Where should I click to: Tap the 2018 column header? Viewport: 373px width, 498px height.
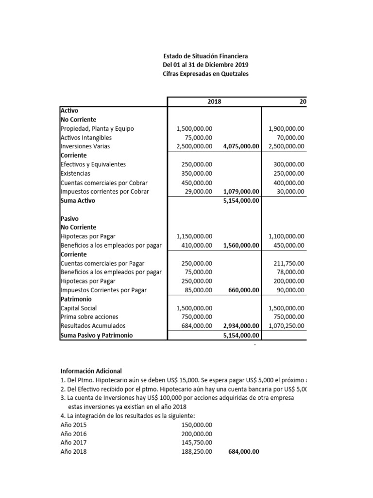214,101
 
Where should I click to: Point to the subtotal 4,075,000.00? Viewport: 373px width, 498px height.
241,146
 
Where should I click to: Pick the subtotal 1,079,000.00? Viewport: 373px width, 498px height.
241,192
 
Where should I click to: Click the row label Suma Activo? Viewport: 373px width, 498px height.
78,200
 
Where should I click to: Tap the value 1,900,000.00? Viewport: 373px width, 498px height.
286,129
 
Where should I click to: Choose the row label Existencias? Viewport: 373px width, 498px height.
75,173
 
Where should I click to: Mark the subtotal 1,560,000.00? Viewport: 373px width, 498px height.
241,246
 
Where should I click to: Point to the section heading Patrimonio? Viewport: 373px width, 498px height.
76,299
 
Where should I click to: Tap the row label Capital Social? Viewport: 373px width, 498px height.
79,308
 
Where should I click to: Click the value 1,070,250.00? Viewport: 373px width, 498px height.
286,326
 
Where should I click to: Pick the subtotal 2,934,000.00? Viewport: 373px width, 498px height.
241,326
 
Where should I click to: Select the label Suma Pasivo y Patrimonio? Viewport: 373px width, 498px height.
96,335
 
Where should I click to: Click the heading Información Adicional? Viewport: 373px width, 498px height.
91,371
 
